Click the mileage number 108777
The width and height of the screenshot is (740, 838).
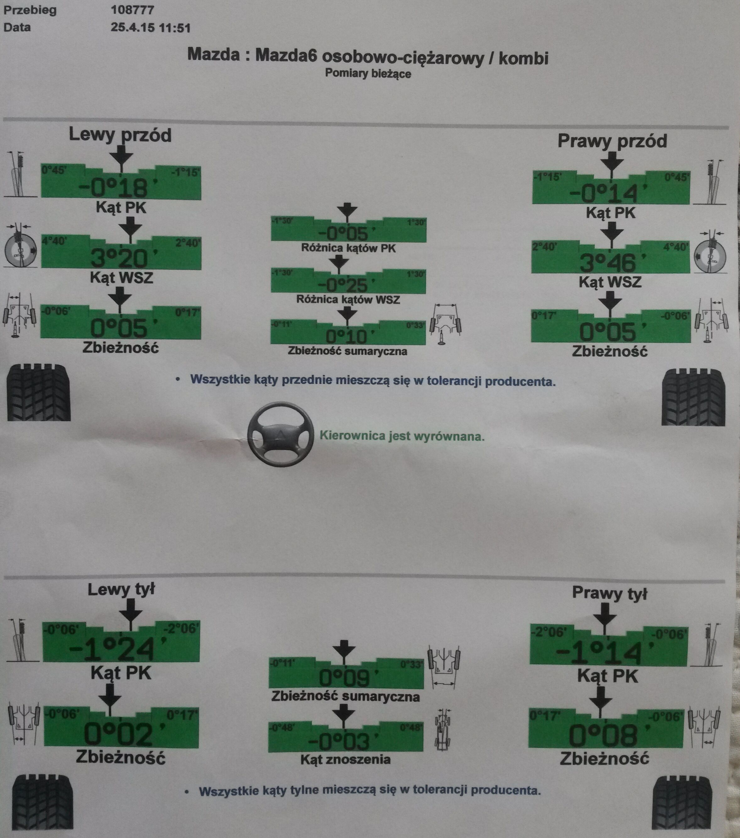point(133,9)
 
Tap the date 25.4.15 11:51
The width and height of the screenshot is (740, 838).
point(151,28)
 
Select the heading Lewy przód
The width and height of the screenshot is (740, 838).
point(120,135)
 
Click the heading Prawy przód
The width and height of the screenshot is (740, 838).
point(612,141)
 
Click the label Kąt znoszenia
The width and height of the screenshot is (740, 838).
point(345,760)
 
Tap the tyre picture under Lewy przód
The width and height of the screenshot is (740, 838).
point(39,392)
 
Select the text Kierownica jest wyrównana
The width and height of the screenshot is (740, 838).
point(402,435)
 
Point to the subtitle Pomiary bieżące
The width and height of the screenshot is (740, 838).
point(368,74)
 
